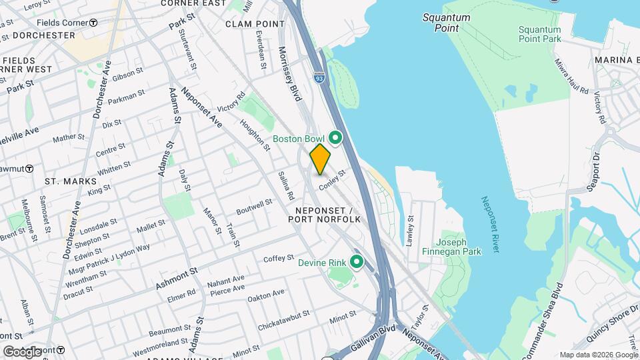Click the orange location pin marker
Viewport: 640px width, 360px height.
[320, 159]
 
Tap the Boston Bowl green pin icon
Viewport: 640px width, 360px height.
[336, 138]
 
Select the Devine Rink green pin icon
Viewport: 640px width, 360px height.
[357, 262]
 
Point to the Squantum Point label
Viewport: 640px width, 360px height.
[446, 23]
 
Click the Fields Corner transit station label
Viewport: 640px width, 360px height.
[67, 23]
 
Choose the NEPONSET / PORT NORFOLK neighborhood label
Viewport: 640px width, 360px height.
[325, 213]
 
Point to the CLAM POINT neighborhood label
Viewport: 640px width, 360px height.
[255, 23]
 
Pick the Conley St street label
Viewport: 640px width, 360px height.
[333, 180]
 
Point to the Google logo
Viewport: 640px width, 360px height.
[22, 351]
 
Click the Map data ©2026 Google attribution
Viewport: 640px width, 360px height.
[598, 355]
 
